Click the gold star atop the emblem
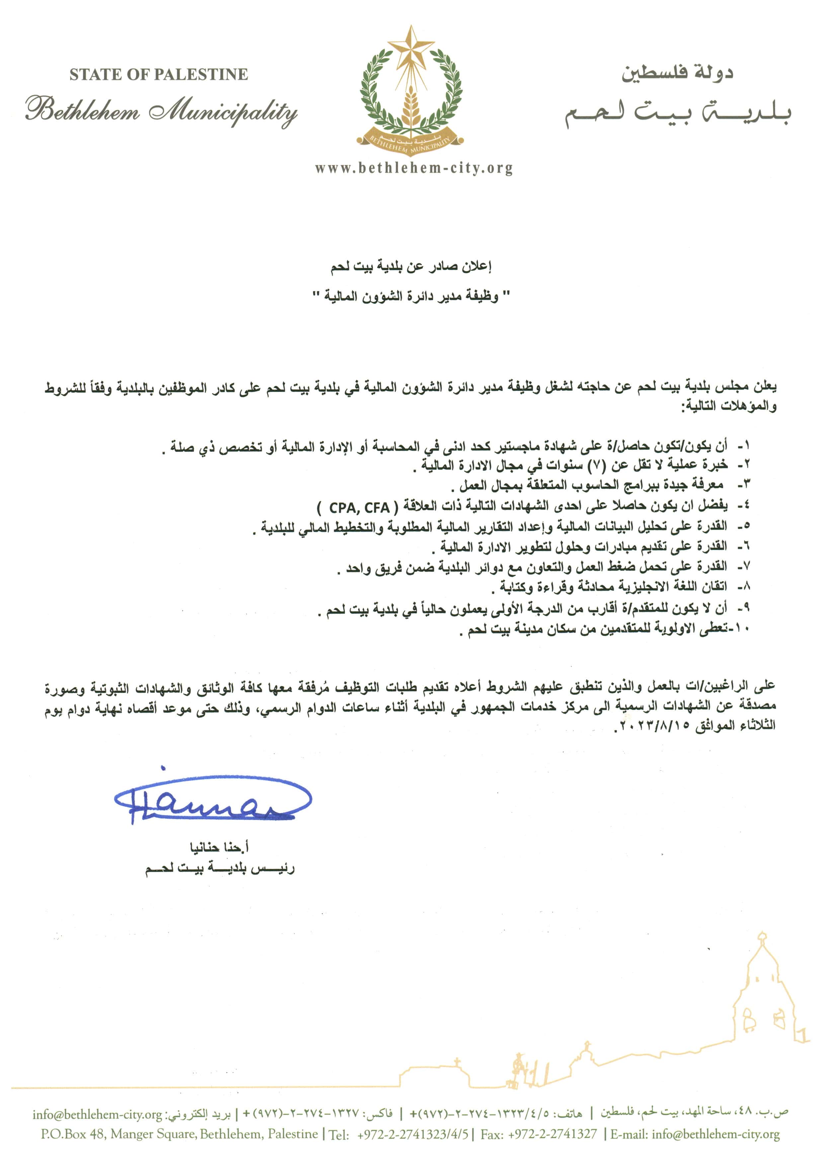(410, 47)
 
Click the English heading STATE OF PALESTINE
(159, 75)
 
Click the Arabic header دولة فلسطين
(678, 72)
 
